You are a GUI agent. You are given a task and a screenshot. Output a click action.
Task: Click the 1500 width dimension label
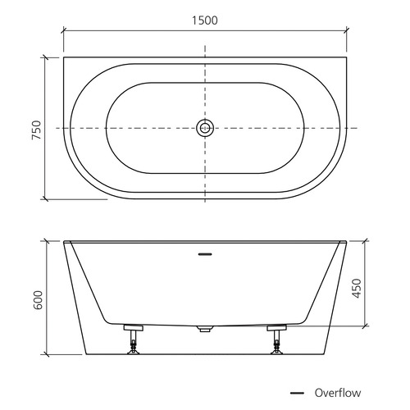pos(205,20)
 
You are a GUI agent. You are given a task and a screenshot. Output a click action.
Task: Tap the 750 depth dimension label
pos(36,130)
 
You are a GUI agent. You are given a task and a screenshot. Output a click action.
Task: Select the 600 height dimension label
pos(38,300)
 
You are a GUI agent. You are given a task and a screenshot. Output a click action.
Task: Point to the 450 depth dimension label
pos(357,289)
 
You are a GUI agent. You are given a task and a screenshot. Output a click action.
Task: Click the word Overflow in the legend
pos(338,393)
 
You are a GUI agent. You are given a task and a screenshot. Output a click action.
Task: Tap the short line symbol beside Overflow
pos(297,394)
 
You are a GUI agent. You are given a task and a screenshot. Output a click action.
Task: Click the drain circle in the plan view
pos(205,128)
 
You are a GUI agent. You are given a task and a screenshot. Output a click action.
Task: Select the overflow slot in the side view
pos(205,254)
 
